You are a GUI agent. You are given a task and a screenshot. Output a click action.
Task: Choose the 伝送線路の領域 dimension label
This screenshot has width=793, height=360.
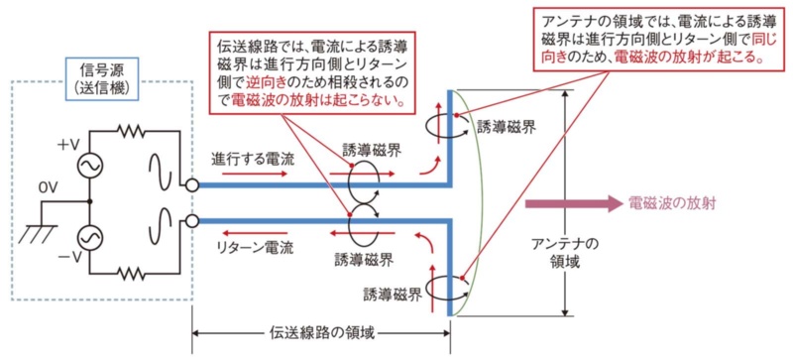(319, 334)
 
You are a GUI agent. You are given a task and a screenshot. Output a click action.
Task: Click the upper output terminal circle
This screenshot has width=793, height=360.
(191, 184)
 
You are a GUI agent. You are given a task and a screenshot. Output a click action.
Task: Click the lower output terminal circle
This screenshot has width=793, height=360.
(191, 220)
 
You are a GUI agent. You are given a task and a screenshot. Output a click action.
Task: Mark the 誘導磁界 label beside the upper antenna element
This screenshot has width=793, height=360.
(509, 126)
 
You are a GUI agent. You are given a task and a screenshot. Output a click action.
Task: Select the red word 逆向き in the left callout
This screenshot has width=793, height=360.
(254, 82)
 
